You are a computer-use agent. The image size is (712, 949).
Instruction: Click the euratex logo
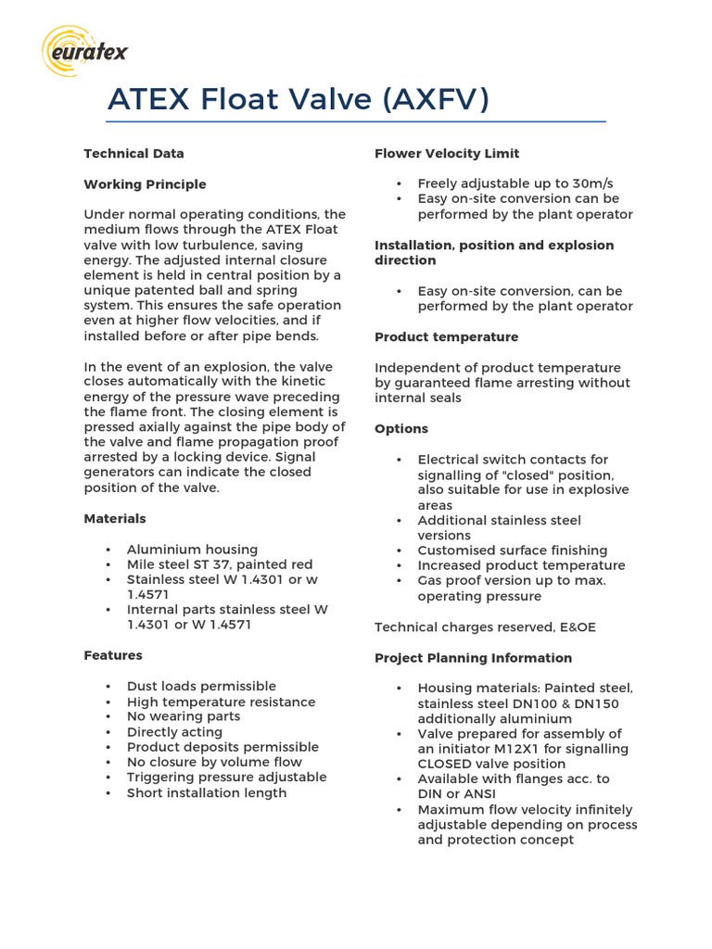[85, 51]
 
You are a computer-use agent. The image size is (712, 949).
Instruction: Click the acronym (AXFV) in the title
[435, 99]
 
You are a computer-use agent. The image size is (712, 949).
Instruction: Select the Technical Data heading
[133, 154]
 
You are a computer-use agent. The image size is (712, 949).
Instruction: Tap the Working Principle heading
[145, 184]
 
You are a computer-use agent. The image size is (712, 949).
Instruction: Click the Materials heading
[115, 519]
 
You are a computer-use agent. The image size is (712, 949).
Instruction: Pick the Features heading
[113, 655]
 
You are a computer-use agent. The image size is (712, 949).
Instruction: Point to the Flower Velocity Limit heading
[447, 154]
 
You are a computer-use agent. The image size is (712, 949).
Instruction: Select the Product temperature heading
[446, 336]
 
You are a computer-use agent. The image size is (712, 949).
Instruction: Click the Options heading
[401, 428]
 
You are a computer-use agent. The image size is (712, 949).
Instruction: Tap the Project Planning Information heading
[473, 658]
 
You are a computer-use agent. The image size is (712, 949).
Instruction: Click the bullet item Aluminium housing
[192, 550]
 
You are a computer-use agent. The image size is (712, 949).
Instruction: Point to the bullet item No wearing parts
[183, 716]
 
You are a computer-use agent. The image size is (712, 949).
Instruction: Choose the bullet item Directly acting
[174, 732]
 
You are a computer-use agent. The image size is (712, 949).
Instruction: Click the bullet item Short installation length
[207, 793]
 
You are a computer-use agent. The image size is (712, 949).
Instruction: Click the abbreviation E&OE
[574, 627]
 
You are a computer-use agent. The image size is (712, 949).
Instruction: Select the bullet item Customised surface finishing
[513, 550]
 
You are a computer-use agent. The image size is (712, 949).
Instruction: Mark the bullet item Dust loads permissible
[201, 687]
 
